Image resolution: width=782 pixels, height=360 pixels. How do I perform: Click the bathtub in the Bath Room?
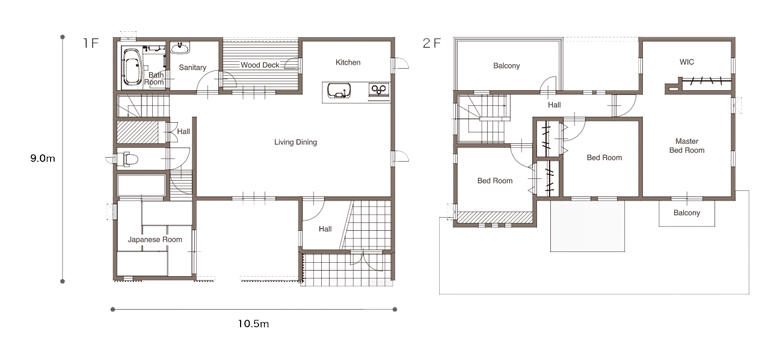[x=133, y=66]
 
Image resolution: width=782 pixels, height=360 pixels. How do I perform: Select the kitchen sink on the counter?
[x=339, y=91]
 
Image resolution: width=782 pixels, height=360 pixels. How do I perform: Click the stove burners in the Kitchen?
[x=379, y=90]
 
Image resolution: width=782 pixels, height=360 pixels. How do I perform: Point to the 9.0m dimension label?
[x=42, y=159]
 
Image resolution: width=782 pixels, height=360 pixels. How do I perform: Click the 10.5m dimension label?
[x=253, y=324]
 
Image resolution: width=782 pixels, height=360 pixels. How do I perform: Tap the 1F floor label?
[x=91, y=43]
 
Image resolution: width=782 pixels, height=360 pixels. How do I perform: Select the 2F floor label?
[x=432, y=43]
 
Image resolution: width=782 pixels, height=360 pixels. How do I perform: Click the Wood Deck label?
[x=260, y=65]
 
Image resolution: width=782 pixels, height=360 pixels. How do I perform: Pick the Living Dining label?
[x=296, y=143]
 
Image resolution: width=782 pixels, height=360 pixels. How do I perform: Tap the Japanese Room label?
[x=155, y=239]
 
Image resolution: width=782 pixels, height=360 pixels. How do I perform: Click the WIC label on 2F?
[x=687, y=62]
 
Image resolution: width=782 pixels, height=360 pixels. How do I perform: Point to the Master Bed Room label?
[x=687, y=146]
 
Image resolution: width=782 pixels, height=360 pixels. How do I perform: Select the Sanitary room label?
[x=193, y=67]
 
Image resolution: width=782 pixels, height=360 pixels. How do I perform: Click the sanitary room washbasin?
[x=180, y=48]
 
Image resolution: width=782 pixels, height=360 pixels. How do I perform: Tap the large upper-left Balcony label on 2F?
[x=507, y=66]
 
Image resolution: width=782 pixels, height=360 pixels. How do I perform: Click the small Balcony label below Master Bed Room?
[x=687, y=213]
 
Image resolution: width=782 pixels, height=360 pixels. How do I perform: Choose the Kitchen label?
[x=348, y=62]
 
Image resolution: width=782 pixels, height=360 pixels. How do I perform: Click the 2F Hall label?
[x=554, y=105]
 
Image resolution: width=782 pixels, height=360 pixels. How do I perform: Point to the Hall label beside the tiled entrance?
[x=325, y=229]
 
